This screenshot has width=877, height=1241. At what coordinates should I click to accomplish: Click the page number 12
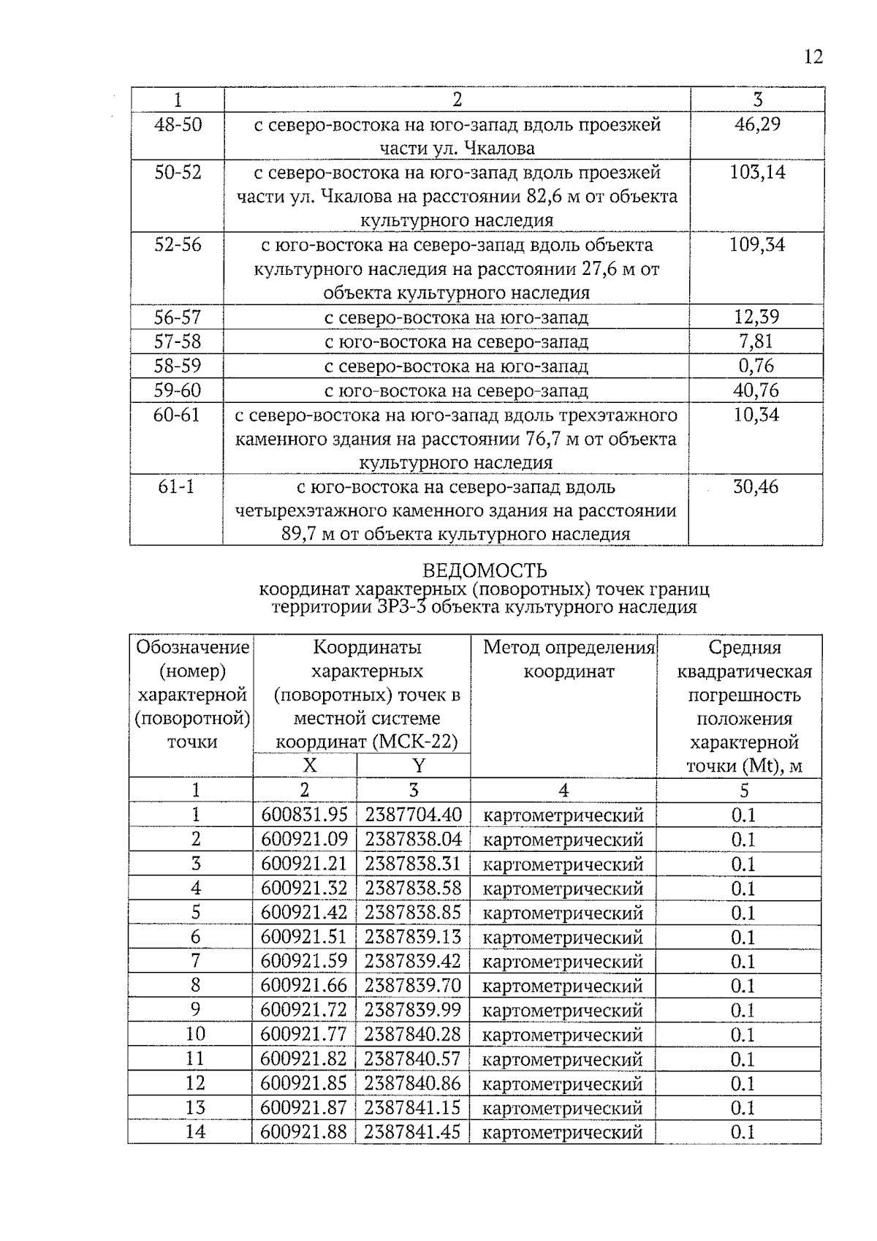coord(813,57)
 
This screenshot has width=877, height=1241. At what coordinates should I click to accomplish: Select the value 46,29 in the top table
coord(757,124)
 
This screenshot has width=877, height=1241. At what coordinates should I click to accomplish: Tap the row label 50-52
coord(178,173)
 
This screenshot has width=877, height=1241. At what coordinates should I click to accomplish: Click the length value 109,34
coord(757,245)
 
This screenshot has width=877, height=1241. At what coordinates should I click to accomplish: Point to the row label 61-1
coord(176,487)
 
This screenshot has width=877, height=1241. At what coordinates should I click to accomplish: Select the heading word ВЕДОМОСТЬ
coord(485,570)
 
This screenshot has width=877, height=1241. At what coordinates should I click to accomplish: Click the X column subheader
coord(310,766)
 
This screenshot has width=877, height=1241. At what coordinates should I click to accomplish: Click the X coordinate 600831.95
coord(304,815)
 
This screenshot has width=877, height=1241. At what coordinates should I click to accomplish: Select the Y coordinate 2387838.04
coord(413,839)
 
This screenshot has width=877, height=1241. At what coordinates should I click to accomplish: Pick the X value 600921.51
coord(304,937)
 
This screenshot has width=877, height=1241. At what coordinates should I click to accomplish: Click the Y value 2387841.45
coord(413,1132)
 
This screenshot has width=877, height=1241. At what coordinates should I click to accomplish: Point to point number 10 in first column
coord(195,1034)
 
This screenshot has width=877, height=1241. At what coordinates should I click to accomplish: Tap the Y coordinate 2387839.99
coord(413,1010)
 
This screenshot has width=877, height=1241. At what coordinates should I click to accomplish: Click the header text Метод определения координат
coord(569,659)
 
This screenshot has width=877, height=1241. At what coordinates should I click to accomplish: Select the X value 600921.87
coord(304,1107)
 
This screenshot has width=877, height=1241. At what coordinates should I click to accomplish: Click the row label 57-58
coord(178,342)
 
